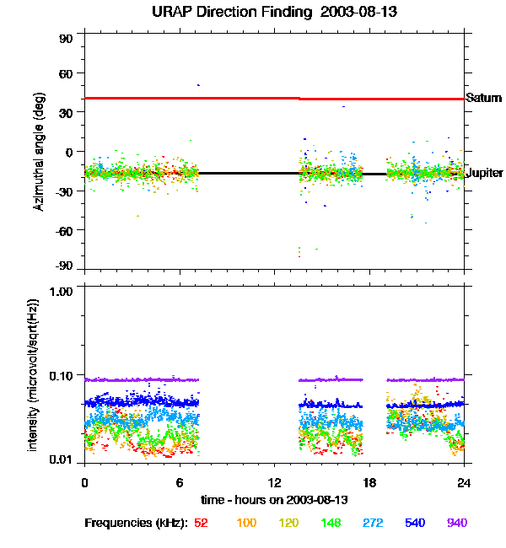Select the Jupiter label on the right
(x=484, y=174)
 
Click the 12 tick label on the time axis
(x=274, y=482)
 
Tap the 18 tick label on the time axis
(x=369, y=482)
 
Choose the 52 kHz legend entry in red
(x=201, y=523)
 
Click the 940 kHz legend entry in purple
(x=456, y=523)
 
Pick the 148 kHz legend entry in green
(x=331, y=523)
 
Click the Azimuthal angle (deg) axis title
(x=39, y=153)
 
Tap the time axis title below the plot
(x=275, y=500)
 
